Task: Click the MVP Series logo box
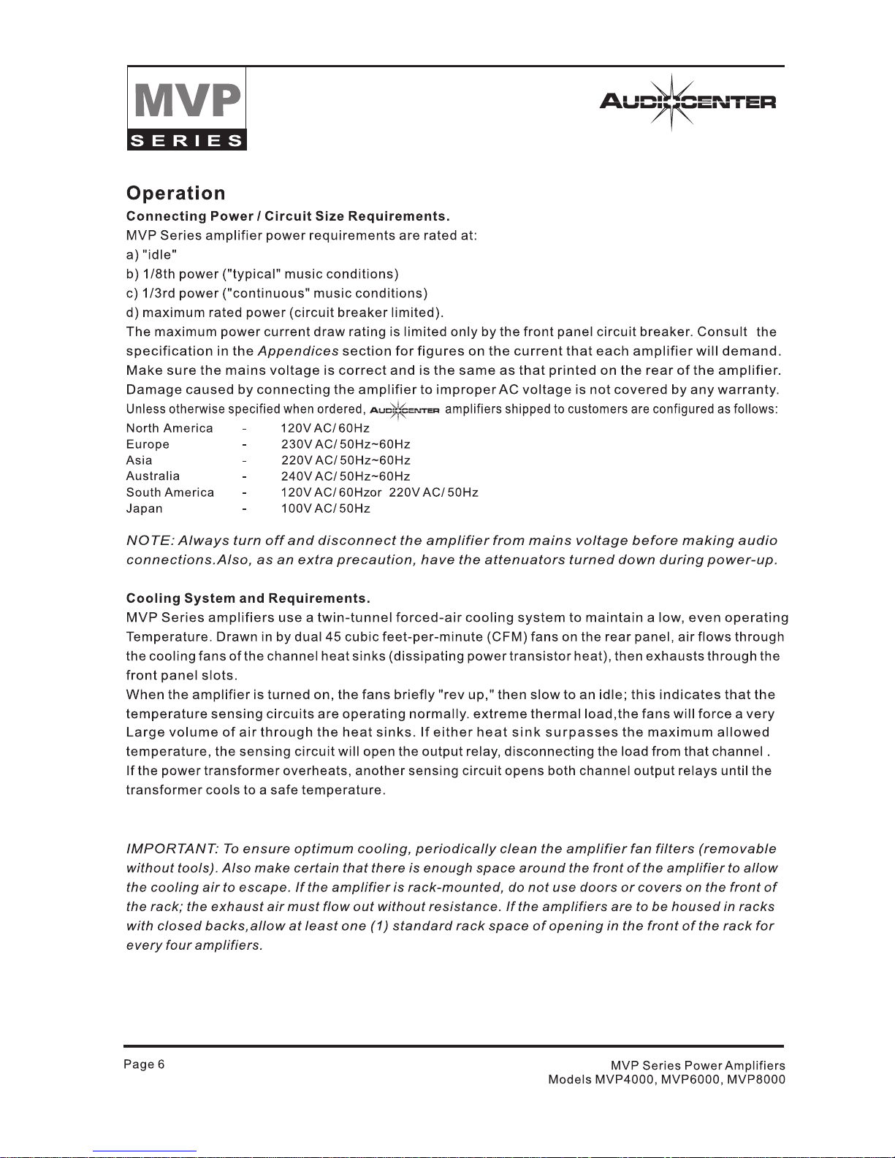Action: point(187,108)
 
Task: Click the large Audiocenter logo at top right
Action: point(687,102)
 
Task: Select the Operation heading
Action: point(176,194)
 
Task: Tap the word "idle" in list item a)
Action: point(160,255)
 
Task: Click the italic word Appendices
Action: point(298,351)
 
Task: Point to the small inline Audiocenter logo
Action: point(404,410)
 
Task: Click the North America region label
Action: point(170,429)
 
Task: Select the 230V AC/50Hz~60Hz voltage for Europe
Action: point(346,445)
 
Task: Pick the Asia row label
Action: point(140,461)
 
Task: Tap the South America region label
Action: point(170,493)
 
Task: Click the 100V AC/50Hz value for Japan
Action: point(326,509)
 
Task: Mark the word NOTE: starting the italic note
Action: point(150,541)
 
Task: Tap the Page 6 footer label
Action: point(144,1064)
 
